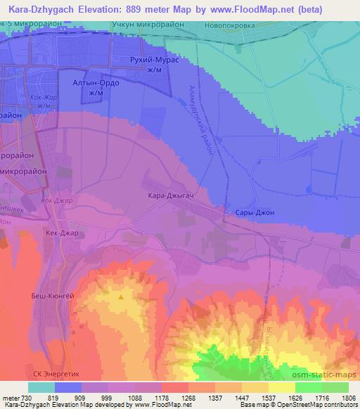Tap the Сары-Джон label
pyautogui.click(x=250, y=212)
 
